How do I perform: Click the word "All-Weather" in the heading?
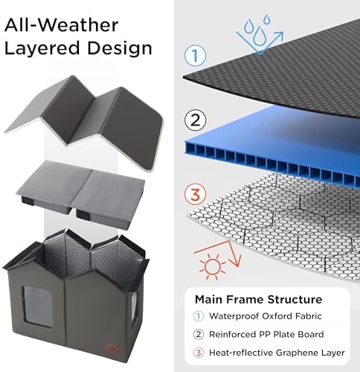pos(61,25)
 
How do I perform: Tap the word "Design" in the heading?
pos(120,48)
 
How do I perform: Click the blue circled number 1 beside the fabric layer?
pos(195,56)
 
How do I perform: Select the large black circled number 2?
pos(195,121)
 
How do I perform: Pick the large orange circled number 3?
pos(195,194)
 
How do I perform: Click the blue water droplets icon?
pos(259,35)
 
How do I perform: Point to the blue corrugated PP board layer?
pos(273,149)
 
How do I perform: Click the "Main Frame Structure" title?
pos(258,299)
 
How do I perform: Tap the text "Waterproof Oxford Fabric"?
pos(266,316)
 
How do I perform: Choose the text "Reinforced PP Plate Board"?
pos(266,334)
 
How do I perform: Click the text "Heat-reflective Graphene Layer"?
pos(277,353)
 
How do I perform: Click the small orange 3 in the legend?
pos(199,353)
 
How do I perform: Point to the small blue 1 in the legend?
pos(199,316)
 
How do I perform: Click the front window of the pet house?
pos(38,307)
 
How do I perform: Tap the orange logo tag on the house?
pos(113,348)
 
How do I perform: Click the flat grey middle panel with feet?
pos(80,191)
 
